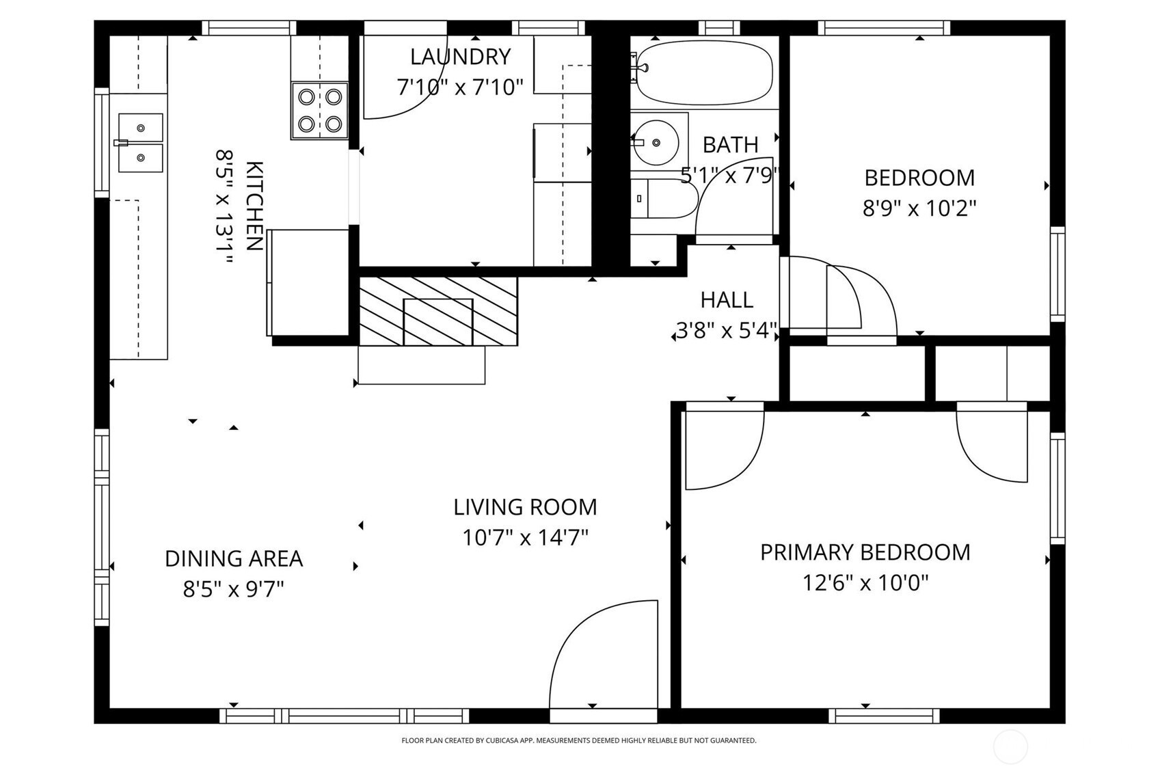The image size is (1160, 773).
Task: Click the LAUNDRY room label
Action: tap(460, 57)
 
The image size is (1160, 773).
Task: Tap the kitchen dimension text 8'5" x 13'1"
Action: tap(224, 206)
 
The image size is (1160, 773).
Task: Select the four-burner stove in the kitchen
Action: tap(320, 111)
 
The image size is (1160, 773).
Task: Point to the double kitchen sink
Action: tap(140, 143)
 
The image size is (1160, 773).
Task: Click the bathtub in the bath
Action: tap(704, 74)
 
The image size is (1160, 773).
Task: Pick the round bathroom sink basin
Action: tap(656, 142)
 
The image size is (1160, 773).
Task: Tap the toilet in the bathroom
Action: tap(664, 199)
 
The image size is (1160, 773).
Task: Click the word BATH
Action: tap(730, 145)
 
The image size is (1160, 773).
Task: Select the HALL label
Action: tap(727, 300)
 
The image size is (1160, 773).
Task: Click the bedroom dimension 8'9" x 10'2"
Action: tap(919, 208)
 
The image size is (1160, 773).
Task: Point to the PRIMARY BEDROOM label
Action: tap(865, 552)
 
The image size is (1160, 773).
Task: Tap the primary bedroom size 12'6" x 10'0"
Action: tap(865, 584)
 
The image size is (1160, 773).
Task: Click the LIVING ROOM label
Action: tap(525, 507)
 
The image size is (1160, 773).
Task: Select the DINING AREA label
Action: tap(234, 558)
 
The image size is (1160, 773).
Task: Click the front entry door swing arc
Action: tap(569, 631)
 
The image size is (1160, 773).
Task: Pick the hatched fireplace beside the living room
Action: tap(438, 311)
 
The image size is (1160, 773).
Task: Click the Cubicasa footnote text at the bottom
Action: tap(579, 741)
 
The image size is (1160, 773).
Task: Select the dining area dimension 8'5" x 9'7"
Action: tap(234, 590)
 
